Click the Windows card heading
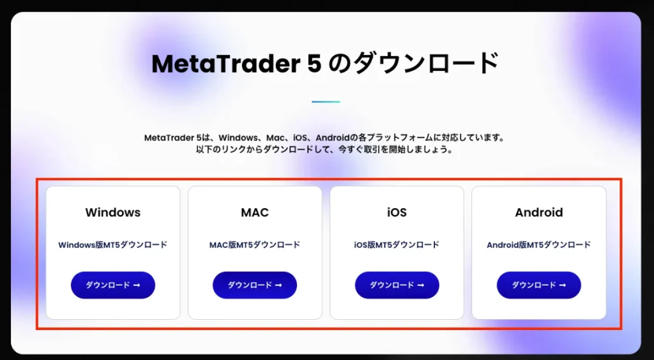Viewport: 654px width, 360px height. click(113, 213)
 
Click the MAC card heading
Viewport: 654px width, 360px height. click(255, 213)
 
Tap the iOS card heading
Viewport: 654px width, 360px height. click(397, 213)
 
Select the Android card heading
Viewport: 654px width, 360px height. click(539, 213)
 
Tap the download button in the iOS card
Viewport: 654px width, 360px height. click(397, 285)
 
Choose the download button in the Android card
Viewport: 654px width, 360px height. click(539, 285)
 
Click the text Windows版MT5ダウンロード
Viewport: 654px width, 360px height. click(113, 244)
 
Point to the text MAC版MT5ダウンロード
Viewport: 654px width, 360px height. click(255, 244)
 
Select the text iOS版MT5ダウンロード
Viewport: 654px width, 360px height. click(397, 244)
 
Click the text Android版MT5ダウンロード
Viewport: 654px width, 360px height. click(539, 244)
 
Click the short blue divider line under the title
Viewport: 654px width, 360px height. click(326, 101)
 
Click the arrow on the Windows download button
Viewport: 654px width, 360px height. click(137, 285)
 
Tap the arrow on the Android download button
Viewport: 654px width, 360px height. click(563, 285)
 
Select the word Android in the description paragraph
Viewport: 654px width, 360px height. click(332, 137)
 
